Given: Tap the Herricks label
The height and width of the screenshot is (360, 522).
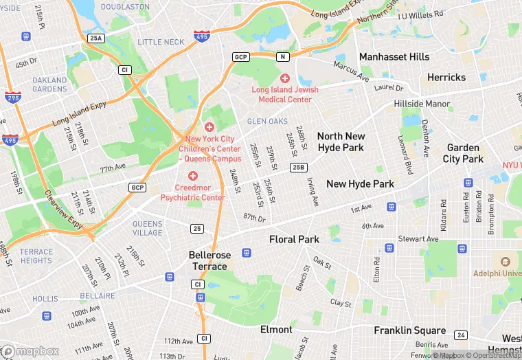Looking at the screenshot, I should tap(446, 78).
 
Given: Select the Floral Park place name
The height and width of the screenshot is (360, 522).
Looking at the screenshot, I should tap(294, 239).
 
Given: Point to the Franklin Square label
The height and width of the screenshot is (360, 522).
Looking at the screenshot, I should tap(409, 330).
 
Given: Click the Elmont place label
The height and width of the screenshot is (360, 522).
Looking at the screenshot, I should tap(276, 329).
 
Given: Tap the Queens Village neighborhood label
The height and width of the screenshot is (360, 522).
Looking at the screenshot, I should tap(148, 228).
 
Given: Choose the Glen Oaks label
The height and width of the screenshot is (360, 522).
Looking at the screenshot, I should tap(267, 121).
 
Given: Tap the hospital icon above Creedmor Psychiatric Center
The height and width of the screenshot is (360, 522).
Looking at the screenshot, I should tap(193, 176).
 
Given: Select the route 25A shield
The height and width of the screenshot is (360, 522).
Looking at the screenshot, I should tap(96, 39).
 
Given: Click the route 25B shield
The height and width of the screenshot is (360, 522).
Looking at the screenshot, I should tap(298, 167).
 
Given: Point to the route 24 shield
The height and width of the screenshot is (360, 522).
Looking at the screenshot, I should tap(461, 335).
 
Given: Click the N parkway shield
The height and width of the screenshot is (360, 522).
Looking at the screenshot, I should tap(280, 56).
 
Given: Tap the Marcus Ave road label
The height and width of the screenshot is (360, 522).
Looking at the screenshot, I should tap(351, 69).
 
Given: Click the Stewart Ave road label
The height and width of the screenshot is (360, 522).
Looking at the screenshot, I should tap(418, 239).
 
